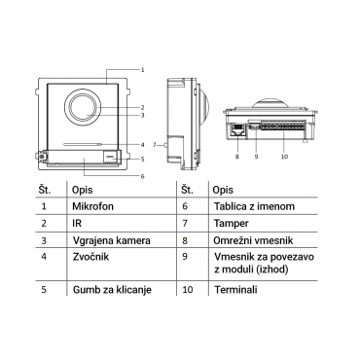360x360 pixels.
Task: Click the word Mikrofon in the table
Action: click(x=92, y=206)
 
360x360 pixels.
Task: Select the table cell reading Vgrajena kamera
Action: click(x=112, y=240)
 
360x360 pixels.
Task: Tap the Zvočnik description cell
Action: click(x=90, y=257)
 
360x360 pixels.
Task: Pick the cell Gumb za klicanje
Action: click(x=112, y=289)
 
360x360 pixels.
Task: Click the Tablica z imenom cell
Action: click(x=254, y=206)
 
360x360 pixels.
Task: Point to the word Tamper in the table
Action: click(x=232, y=224)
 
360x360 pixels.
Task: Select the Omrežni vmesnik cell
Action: click(x=253, y=240)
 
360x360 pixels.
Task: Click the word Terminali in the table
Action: click(x=235, y=289)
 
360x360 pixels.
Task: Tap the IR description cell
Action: click(x=77, y=223)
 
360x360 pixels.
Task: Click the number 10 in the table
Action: click(x=188, y=289)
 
